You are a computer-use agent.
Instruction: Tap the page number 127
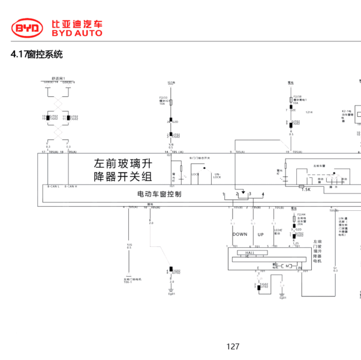pyautogui.click(x=233, y=346)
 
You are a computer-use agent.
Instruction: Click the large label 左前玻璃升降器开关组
pyautogui.click(x=124, y=170)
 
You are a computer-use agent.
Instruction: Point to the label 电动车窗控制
pyautogui.click(x=160, y=195)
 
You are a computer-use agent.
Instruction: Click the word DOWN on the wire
pyautogui.click(x=240, y=234)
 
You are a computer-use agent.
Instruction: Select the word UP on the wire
pyautogui.click(x=260, y=234)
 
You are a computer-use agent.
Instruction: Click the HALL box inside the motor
pyautogui.click(x=249, y=253)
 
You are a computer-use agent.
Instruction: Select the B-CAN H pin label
pyautogui.click(x=71, y=187)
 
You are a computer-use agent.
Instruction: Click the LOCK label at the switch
pyautogui.click(x=195, y=174)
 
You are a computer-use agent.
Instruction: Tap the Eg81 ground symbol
pyautogui.click(x=172, y=294)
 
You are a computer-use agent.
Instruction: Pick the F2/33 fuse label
pyautogui.click(x=163, y=97)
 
